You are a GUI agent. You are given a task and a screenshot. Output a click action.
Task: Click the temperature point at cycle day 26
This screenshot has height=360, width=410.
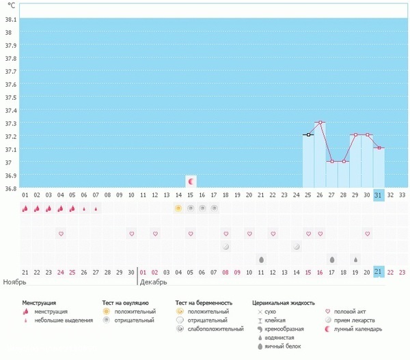pos(320,122)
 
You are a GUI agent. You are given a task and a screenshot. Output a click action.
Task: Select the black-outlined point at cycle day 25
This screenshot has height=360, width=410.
pos(308,135)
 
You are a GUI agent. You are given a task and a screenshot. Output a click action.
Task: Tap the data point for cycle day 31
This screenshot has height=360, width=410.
pos(379,148)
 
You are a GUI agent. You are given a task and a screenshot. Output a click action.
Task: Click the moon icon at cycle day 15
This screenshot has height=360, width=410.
pos(191,181)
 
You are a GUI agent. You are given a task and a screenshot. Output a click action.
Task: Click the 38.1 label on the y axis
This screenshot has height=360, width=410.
pos(11,20)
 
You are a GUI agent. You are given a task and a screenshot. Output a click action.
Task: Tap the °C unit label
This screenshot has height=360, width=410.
pos(11,5)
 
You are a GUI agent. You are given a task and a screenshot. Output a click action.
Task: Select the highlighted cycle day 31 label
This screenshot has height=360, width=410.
pos(379,195)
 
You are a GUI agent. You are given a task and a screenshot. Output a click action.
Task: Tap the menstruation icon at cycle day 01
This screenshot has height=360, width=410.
pos(25,208)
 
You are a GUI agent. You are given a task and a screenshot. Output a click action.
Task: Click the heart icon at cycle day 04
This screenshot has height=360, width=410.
pos(61,234)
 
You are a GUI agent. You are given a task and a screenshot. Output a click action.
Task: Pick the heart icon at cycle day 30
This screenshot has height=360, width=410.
pos(368,234)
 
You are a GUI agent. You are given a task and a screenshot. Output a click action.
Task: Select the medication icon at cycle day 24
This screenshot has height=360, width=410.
pos(297,246)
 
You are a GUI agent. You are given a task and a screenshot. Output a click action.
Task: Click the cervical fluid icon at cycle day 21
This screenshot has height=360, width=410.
pos(261,260)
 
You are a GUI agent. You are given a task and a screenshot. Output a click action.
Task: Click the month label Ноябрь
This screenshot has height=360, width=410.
pos(15,281)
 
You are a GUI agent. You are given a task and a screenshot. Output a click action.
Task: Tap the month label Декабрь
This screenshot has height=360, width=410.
pos(154,281)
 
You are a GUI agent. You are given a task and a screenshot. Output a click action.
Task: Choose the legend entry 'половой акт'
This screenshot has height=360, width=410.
pos(342,311)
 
